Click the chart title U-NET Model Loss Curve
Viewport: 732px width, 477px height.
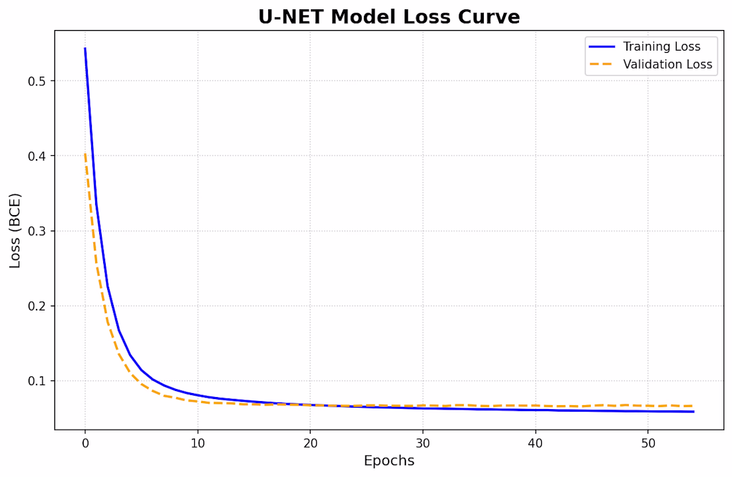pos(389,17)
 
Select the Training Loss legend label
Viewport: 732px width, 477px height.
pos(661,47)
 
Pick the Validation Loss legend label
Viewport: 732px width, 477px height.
pos(667,65)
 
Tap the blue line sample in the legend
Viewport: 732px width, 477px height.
pos(602,47)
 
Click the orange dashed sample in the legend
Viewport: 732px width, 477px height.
pos(602,65)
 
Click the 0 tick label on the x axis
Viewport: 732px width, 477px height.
pos(85,444)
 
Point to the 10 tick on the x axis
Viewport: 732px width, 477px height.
pos(198,444)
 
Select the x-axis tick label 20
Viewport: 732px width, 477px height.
pos(310,444)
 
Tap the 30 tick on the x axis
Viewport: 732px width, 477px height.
pos(423,444)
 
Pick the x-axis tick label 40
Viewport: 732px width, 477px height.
pos(536,444)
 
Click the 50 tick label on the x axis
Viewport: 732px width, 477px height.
pos(648,444)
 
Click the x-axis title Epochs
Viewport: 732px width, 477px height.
pos(389,461)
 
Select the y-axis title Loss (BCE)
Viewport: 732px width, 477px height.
pos(15,231)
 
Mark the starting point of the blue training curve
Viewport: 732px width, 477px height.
pos(85,48)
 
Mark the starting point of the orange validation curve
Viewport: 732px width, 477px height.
pos(85,154)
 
